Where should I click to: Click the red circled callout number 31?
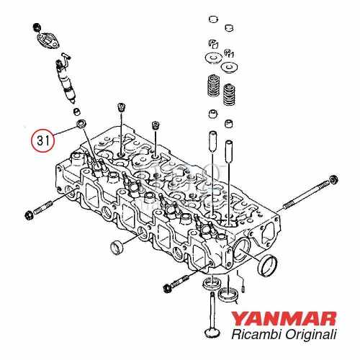41,140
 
